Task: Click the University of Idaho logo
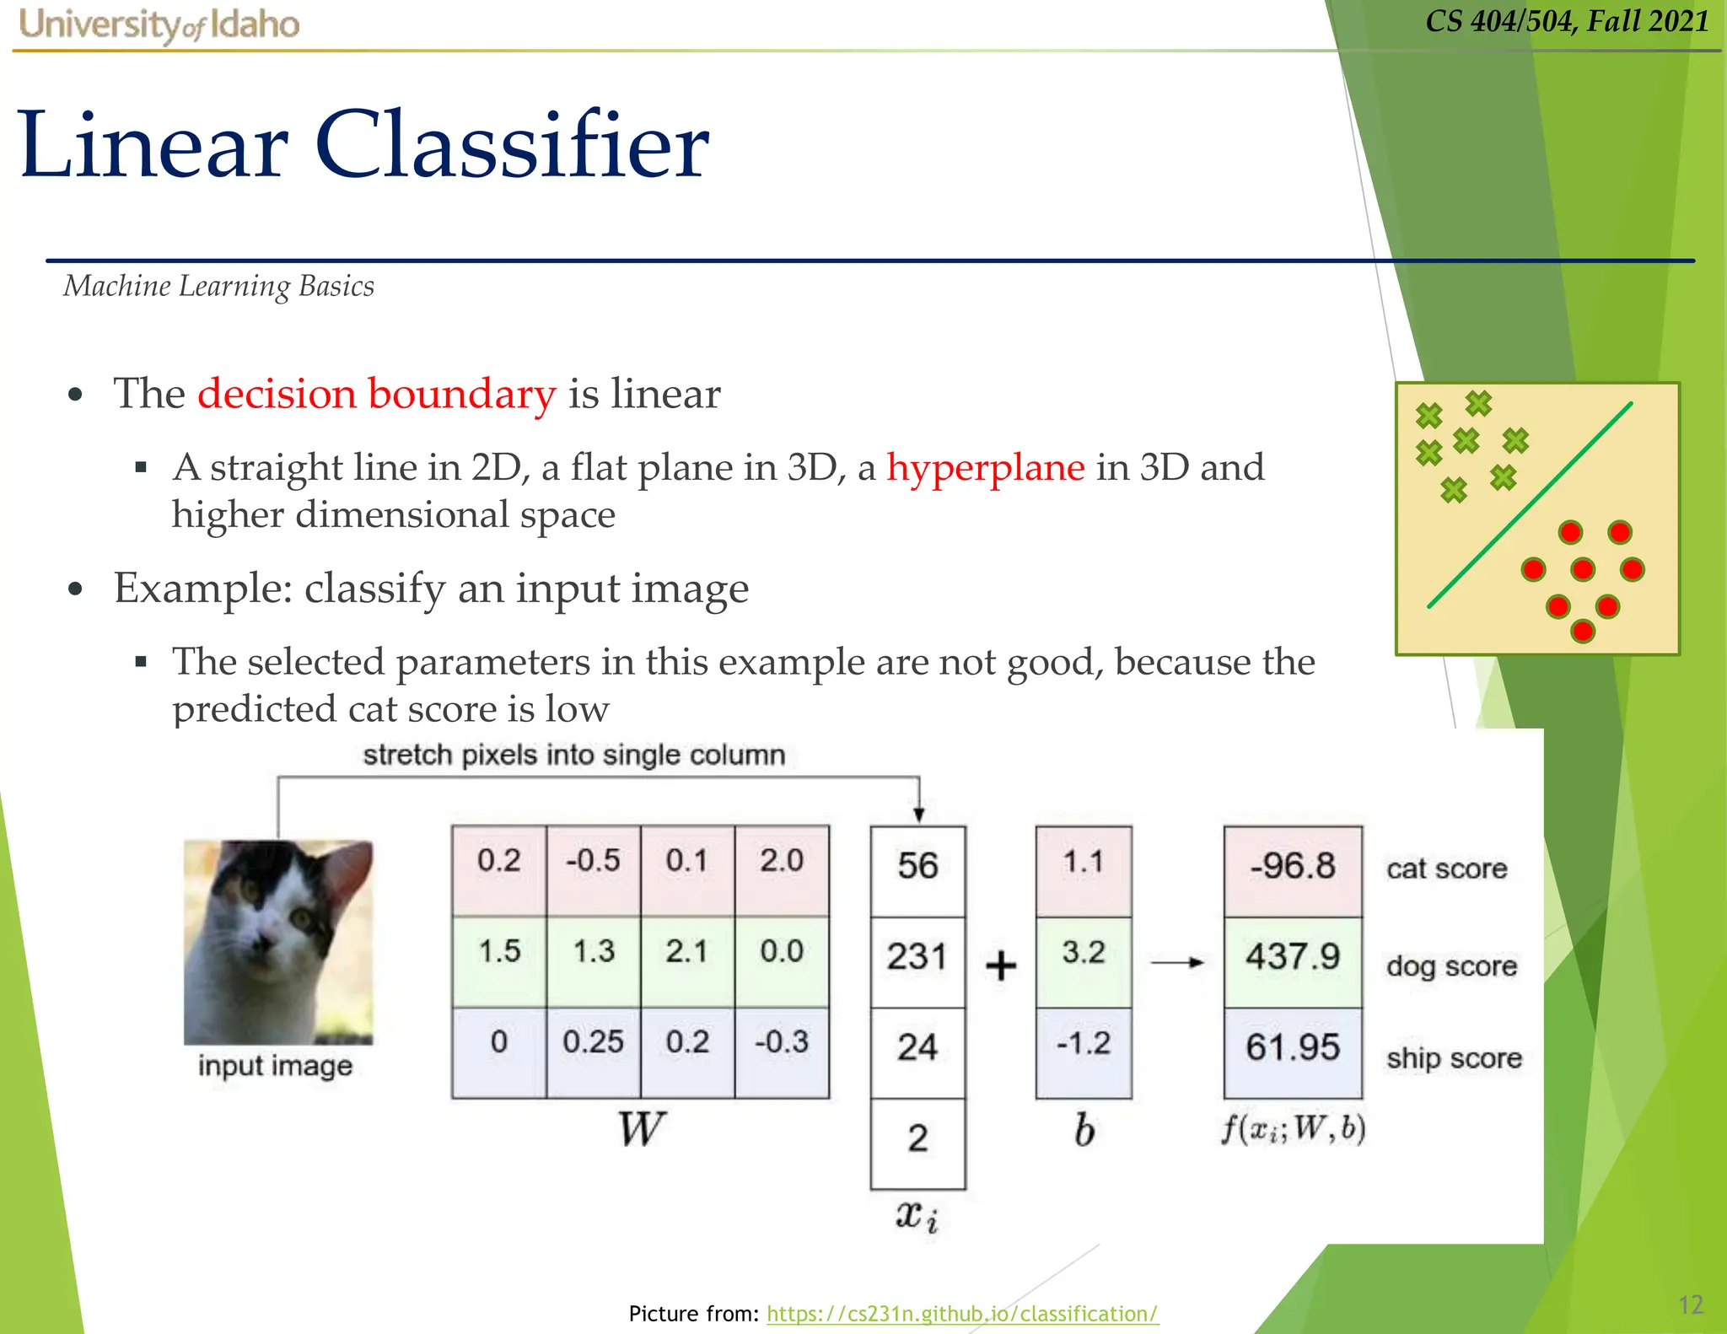pos(159,24)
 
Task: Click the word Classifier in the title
pos(511,145)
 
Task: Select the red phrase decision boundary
pos(376,394)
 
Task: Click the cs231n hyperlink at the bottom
pos(962,1313)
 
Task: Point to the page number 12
pos(1690,1304)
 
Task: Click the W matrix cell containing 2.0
pos(781,862)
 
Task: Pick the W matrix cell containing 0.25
pos(593,1042)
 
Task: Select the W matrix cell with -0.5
pos(593,862)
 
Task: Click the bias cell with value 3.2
pos(1084,953)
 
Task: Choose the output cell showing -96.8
pos(1293,867)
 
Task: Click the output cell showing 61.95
pos(1293,1048)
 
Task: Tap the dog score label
pos(1451,966)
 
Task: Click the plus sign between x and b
pos(1001,966)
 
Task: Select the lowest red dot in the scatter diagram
pos(1583,631)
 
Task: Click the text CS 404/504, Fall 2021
pos(1567,21)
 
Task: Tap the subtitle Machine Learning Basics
pos(218,287)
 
